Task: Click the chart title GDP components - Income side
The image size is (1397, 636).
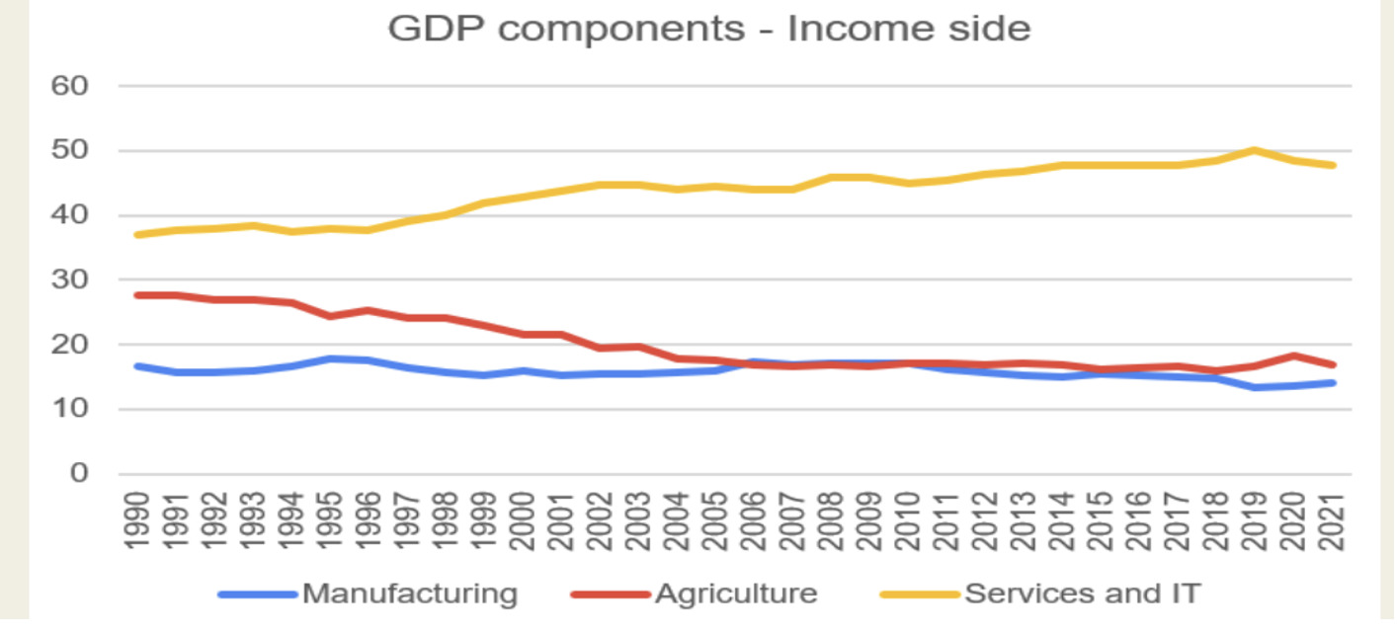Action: pos(708,29)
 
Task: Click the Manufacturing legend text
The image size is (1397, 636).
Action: pos(409,594)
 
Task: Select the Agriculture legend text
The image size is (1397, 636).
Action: pos(736,594)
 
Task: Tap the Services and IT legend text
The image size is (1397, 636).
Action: pos(1082,594)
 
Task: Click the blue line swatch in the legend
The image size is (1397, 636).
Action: pos(257,595)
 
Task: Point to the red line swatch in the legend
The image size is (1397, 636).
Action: pos(611,595)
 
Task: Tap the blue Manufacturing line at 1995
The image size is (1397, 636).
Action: pos(329,358)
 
